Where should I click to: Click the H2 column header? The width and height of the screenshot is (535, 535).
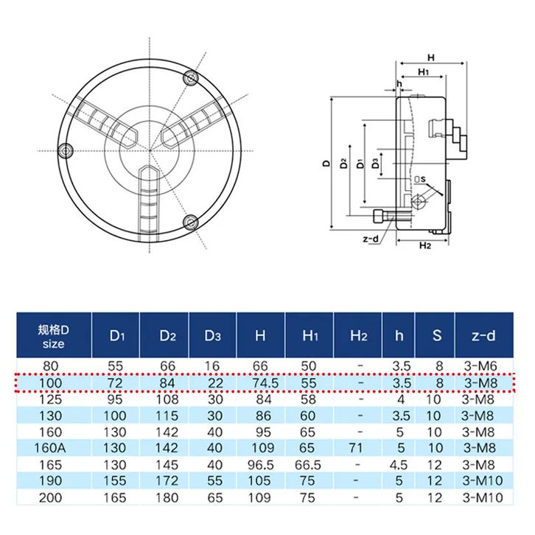tap(358, 336)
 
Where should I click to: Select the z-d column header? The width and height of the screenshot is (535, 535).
tap(482, 336)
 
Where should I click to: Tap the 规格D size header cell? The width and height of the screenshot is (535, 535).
tap(53, 336)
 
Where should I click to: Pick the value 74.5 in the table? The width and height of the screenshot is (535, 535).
tap(260, 384)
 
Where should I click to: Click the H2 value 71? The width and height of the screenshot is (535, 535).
tap(358, 447)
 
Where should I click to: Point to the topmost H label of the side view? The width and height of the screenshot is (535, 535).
tap(431, 57)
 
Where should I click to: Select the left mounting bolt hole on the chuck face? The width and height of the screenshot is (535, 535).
tap(66, 149)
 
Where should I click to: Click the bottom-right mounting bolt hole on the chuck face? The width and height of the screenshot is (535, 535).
tap(192, 222)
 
